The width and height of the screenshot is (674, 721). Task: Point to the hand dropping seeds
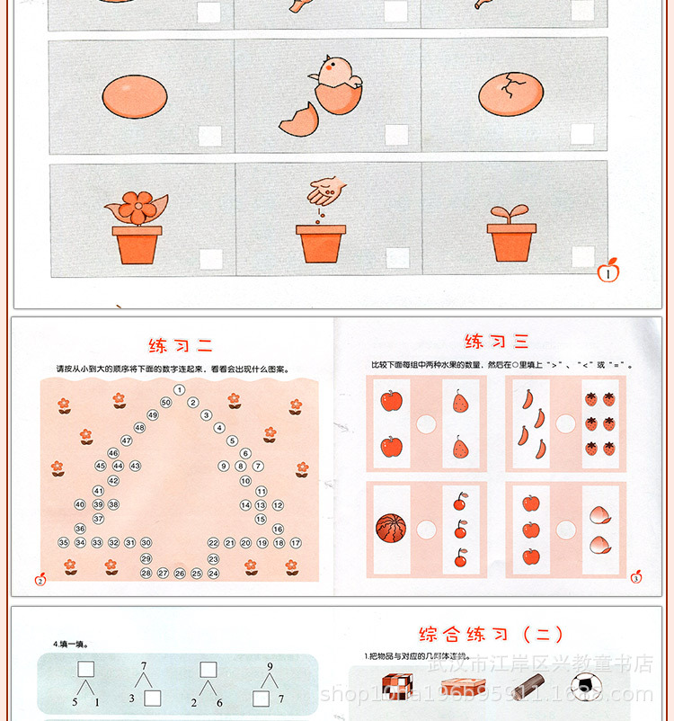pos(326,190)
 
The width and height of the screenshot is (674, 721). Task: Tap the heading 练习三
pos(497,342)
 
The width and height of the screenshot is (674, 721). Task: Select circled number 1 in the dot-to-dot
pos(180,389)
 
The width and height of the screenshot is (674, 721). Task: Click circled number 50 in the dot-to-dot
pos(165,402)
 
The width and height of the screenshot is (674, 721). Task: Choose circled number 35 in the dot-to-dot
pos(64,543)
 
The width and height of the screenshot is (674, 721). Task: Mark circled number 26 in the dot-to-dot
pos(180,573)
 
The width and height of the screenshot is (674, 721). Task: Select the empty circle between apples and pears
pos(426,423)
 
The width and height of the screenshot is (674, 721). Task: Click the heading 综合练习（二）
pos(491,635)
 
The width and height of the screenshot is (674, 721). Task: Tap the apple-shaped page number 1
pos(608,270)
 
